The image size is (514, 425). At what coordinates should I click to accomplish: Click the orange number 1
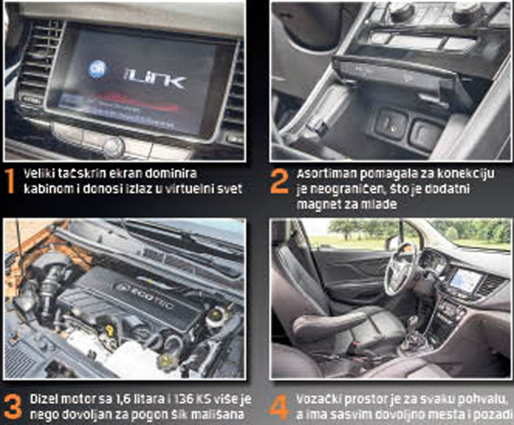(11, 181)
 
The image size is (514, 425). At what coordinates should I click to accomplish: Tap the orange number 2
(280, 182)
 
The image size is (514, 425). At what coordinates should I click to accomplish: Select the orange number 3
(13, 406)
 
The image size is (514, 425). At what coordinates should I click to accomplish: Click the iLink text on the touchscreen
(155, 79)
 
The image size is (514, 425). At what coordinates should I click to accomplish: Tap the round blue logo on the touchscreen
(97, 69)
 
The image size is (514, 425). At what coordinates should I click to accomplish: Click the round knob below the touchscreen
(114, 146)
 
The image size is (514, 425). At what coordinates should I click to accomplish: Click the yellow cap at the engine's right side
(216, 314)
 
